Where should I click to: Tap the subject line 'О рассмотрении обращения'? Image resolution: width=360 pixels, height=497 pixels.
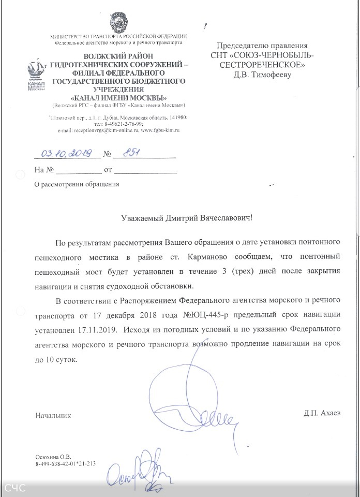76,184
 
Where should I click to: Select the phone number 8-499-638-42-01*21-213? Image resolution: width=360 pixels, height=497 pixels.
66,464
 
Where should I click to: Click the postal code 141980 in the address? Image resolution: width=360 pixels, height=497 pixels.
168,118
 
